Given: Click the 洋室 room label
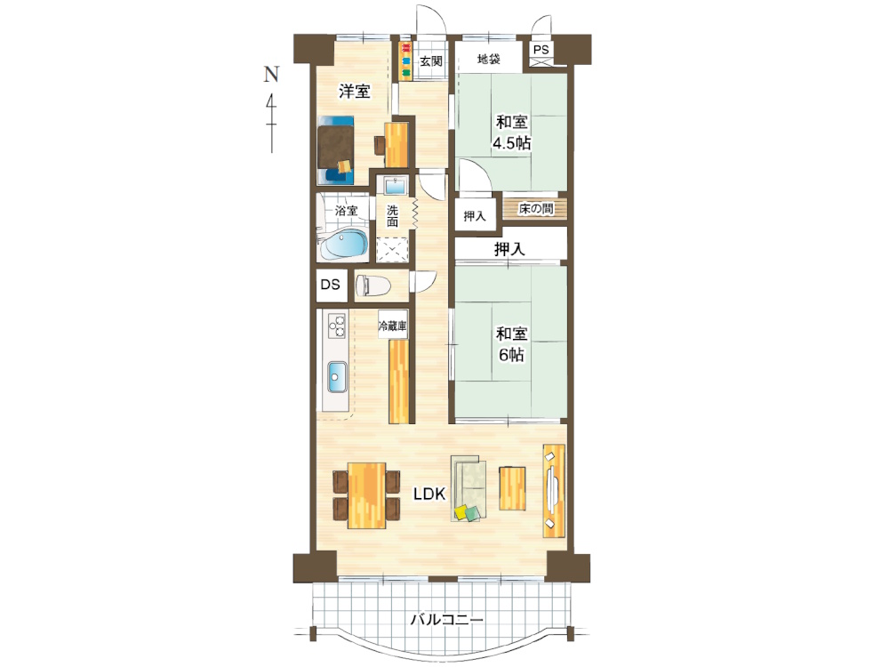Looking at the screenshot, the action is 355,91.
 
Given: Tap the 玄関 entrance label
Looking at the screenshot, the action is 431,60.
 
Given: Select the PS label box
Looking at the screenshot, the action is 541,50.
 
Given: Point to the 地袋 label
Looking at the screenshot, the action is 489,59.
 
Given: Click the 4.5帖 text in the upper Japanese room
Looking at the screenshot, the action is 511,143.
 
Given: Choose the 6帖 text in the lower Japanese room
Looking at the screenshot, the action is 511,355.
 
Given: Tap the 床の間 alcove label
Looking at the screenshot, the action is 536,209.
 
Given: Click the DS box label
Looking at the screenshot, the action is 331,285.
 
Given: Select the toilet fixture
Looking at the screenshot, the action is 373,285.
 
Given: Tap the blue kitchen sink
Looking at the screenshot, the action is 337,377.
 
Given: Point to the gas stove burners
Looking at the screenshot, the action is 336,325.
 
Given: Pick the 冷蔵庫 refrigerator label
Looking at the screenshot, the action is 393,326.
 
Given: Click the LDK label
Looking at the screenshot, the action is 429,494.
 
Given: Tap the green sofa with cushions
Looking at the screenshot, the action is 469,488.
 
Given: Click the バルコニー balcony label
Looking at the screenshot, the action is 447,619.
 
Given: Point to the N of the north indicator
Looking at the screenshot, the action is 271,74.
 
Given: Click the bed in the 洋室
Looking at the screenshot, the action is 336,149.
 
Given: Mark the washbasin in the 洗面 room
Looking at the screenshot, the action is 396,186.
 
